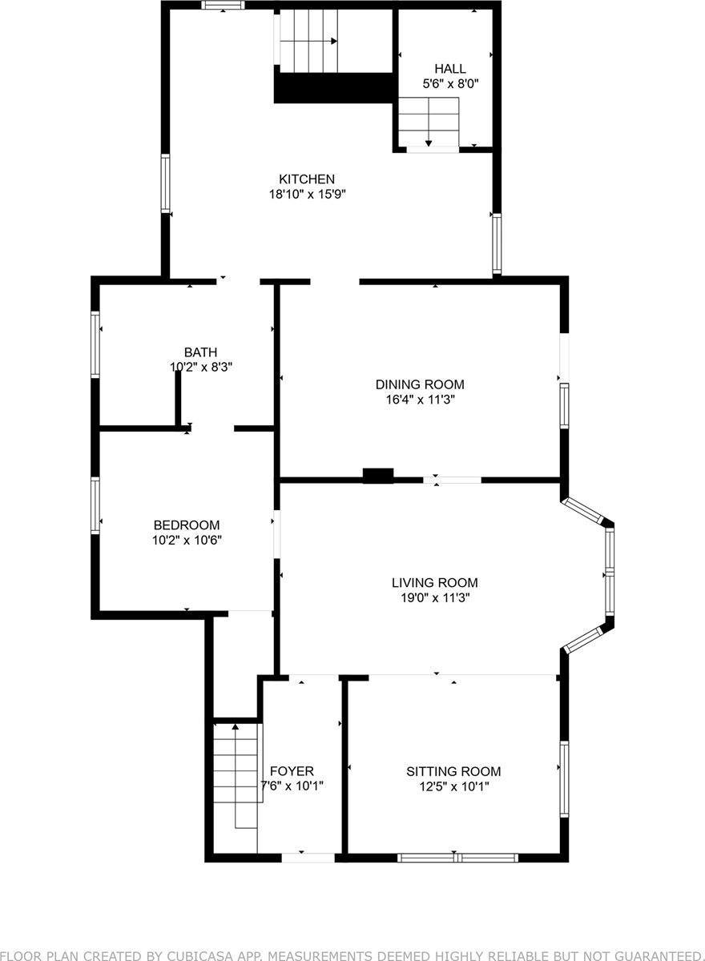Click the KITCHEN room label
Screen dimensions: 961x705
click(307, 179)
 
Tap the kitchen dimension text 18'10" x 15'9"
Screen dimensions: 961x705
click(307, 194)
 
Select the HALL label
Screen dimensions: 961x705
click(450, 69)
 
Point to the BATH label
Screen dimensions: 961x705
click(200, 352)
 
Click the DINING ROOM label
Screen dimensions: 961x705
click(420, 384)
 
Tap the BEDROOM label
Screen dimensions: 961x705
click(187, 525)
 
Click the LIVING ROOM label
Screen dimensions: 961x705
click(435, 583)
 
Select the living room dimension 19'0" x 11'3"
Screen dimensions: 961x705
click(435, 597)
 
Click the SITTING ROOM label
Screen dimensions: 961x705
click(453, 771)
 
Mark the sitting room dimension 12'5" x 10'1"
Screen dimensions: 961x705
click(453, 786)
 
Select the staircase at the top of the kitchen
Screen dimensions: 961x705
click(308, 40)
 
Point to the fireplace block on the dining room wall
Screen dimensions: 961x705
click(378, 476)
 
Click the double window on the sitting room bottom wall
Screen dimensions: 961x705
click(457, 857)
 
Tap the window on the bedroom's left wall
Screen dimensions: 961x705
click(95, 505)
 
